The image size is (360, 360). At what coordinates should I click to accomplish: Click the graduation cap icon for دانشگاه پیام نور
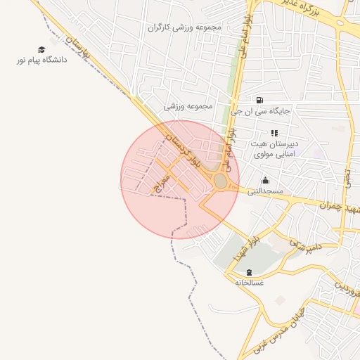(x=41, y=49)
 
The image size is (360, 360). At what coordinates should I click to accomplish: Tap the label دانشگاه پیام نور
(x=41, y=60)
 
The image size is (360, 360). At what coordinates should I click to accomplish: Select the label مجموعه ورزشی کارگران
(x=185, y=27)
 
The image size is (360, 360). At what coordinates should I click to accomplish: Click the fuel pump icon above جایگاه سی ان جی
(x=261, y=100)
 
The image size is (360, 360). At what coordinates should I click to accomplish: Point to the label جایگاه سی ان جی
(x=262, y=110)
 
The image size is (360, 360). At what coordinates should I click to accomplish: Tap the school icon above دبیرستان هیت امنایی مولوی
(x=274, y=133)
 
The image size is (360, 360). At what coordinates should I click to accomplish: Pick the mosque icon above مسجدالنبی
(x=264, y=180)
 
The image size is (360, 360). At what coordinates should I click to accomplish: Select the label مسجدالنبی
(x=264, y=191)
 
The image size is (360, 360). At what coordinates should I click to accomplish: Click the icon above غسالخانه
(x=249, y=272)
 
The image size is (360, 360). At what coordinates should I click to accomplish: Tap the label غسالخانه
(x=249, y=283)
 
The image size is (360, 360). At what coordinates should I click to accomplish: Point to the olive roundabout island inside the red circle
(x=220, y=181)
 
